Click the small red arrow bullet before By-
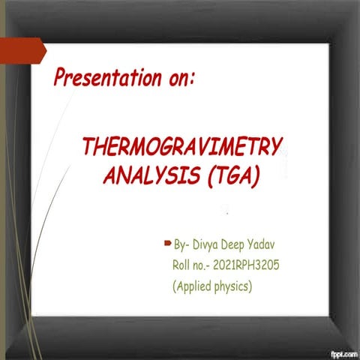167,244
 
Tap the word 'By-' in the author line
182,245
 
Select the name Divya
210,245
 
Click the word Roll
183,265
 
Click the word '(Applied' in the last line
193,286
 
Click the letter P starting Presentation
59,77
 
